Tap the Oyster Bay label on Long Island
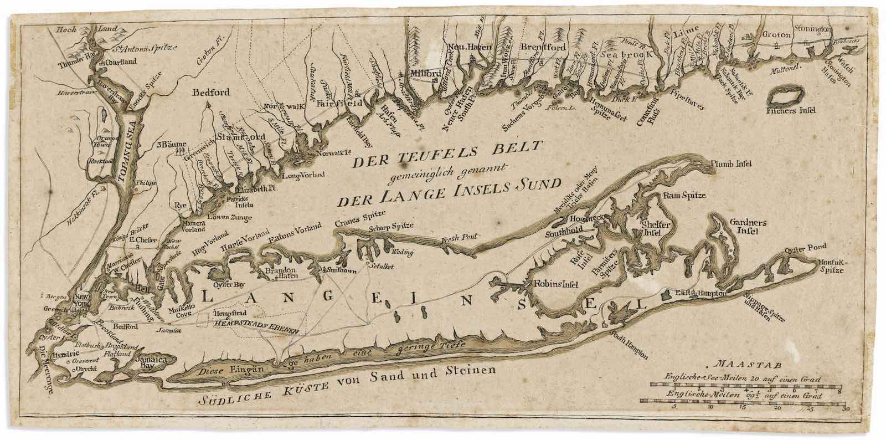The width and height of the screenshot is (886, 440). click(x=232, y=284)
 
